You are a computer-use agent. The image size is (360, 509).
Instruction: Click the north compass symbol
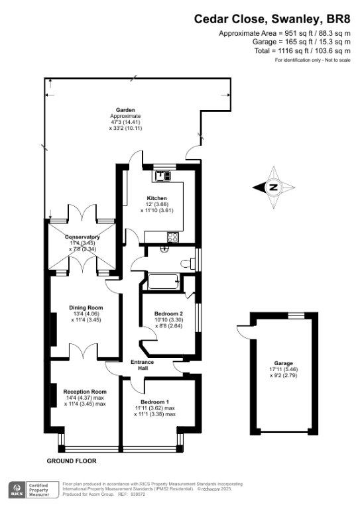tap(272, 188)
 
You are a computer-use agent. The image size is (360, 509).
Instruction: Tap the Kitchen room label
tap(156, 198)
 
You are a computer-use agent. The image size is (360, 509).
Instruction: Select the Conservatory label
tap(82, 237)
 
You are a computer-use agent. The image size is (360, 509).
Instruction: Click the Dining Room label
tap(86, 308)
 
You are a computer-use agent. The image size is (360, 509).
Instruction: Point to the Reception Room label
tap(85, 391)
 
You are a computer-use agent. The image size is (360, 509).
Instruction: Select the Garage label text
tap(284, 364)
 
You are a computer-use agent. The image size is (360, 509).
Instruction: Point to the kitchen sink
tap(162, 176)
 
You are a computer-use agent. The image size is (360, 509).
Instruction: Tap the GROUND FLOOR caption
tap(72, 460)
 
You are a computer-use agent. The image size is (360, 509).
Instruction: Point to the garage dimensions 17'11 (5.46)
tap(284, 370)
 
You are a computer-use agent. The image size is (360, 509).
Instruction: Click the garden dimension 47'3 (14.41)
tap(126, 122)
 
